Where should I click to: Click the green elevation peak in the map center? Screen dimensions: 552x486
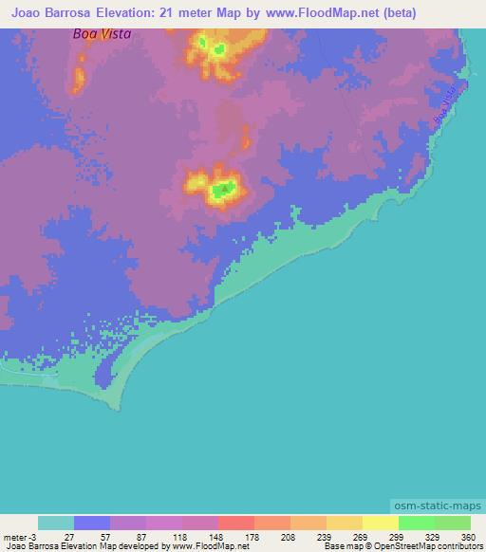click(x=224, y=191)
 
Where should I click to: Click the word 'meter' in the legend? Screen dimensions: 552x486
click(x=16, y=536)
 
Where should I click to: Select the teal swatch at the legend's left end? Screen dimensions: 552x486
click(x=56, y=523)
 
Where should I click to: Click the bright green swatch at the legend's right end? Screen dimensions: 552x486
click(x=452, y=523)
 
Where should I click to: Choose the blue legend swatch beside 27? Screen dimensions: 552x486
click(x=92, y=523)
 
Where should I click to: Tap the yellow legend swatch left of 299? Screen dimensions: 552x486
click(x=380, y=523)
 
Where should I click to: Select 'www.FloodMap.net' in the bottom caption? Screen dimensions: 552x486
click(x=201, y=546)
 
